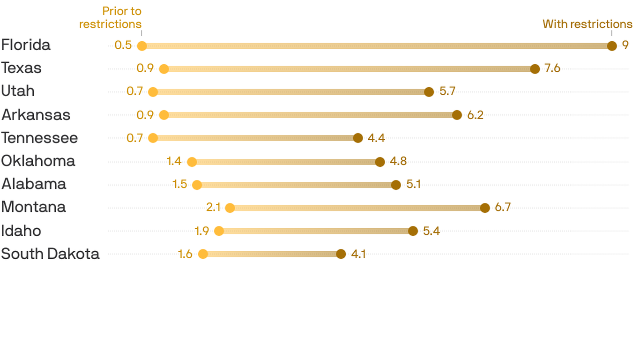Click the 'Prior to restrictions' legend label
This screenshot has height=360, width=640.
pos(111,17)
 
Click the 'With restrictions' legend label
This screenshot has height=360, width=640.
pos(587,24)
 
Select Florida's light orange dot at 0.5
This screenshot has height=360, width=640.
pos(142,45)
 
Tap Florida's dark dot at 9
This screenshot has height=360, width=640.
pos(611,45)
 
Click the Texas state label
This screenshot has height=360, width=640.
pos(21,68)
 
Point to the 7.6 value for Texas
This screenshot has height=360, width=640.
pos(552,68)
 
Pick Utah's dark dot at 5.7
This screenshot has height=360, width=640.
pos(429,92)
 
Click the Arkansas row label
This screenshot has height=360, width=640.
pos(36,114)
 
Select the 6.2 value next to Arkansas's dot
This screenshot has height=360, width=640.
pos(475,115)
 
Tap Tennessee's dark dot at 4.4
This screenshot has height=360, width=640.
pos(358,138)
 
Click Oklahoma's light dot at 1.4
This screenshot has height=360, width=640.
pos(192,162)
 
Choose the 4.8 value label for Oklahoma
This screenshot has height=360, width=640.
pos(398,161)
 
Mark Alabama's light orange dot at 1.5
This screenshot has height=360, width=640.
pos(197,185)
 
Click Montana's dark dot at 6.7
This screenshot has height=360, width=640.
pos(485,208)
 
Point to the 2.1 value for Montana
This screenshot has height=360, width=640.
pos(213,207)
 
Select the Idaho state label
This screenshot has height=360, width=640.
pos(21,231)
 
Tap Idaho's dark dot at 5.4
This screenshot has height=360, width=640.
pos(413,231)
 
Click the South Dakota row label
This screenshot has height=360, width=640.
pos(50,254)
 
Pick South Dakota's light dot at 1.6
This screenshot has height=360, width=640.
pos(203,254)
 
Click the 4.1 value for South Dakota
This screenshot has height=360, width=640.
pos(358,254)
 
